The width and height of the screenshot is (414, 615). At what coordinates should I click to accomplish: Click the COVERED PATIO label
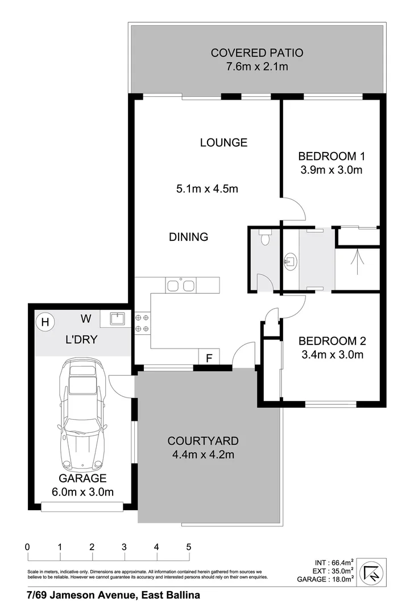(x=257, y=53)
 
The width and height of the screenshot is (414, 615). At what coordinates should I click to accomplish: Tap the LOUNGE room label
(x=223, y=142)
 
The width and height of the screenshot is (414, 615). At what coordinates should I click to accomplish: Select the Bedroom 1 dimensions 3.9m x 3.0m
(x=330, y=170)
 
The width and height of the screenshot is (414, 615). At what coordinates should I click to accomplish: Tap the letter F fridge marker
(x=209, y=358)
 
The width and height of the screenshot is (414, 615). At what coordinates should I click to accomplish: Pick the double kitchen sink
(x=181, y=284)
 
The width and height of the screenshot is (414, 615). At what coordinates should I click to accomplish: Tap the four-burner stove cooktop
(x=143, y=323)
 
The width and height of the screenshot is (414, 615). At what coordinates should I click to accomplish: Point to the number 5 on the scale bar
(x=188, y=547)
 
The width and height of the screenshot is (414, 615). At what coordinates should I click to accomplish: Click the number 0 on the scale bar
(x=27, y=547)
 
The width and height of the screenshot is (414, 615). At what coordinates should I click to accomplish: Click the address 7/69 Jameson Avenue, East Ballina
(x=113, y=596)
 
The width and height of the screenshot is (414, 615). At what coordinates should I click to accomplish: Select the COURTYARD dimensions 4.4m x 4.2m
(x=203, y=454)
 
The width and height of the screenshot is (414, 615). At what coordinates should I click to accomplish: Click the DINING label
(x=189, y=237)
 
